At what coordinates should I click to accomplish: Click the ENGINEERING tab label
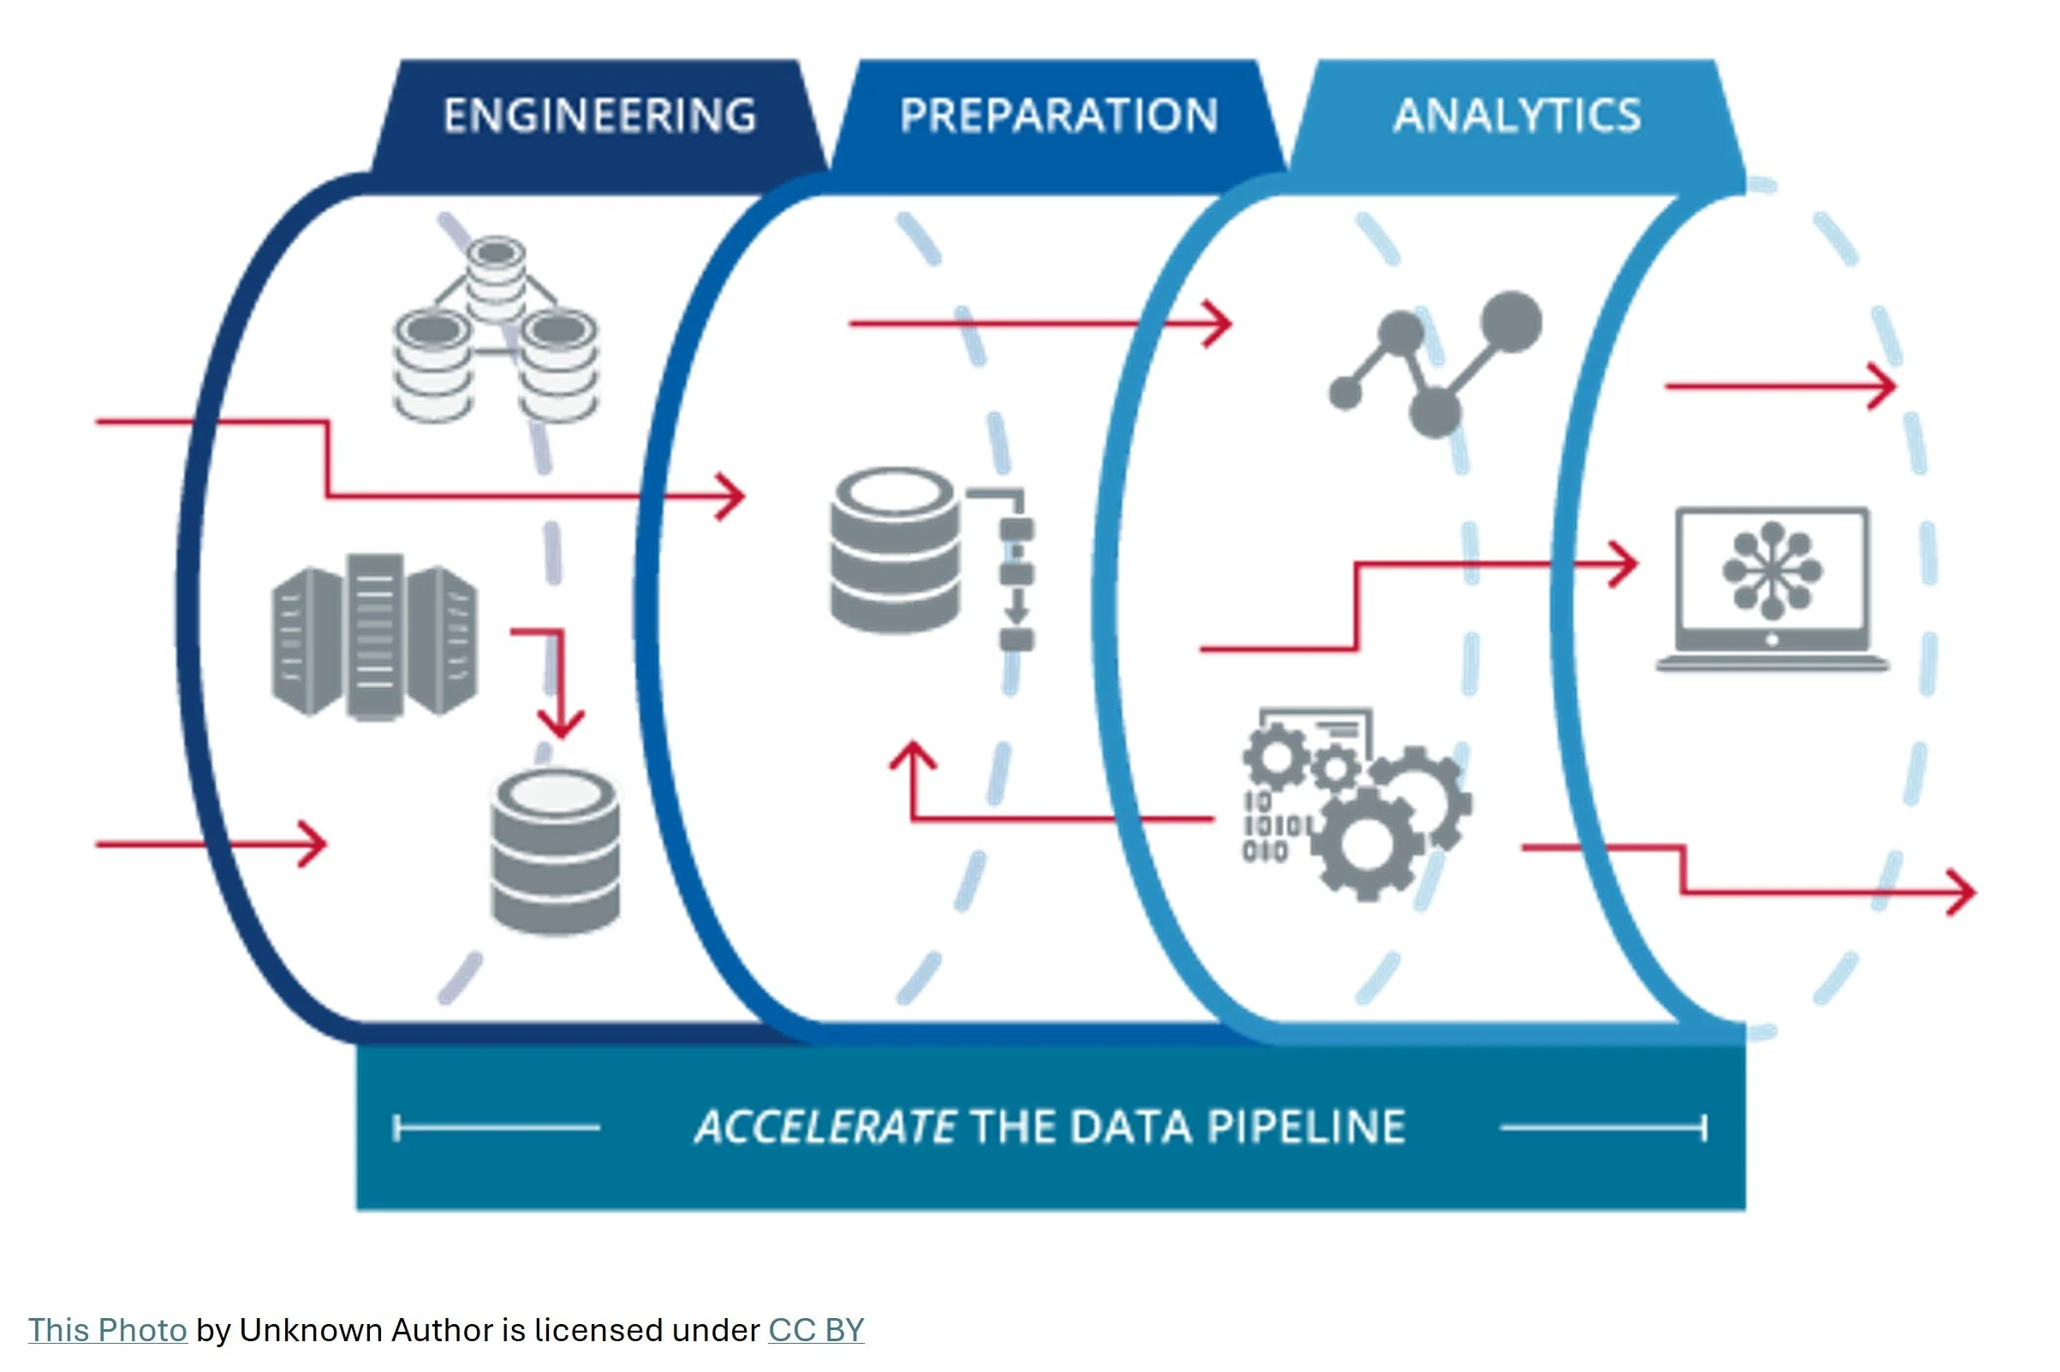click(x=599, y=116)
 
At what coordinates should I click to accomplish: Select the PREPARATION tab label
click(x=1058, y=116)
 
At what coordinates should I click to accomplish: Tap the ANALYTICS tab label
click(x=1516, y=116)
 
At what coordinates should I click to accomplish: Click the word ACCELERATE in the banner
click(x=825, y=1126)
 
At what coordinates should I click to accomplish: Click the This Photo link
click(x=107, y=1330)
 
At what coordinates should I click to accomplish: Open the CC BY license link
click(x=816, y=1330)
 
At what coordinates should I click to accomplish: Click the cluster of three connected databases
click(x=496, y=332)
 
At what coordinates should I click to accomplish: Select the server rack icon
click(x=374, y=636)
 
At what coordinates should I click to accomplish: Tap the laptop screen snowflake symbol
click(x=1771, y=571)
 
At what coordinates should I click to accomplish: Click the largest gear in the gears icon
click(x=1367, y=845)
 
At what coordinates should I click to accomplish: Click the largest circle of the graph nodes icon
click(x=1510, y=322)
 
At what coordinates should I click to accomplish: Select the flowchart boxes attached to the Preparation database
click(x=1016, y=573)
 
